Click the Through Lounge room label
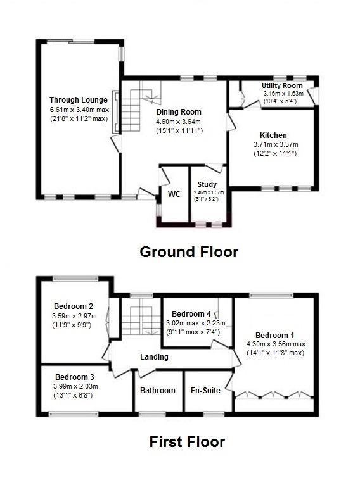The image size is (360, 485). (79, 99)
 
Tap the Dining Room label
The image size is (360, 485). (179, 112)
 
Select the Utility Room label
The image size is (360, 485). (283, 84)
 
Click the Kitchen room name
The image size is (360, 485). (273, 135)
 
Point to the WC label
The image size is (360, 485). (174, 193)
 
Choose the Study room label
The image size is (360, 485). (207, 184)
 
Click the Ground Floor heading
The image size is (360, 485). (189, 252)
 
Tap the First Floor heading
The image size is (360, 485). (187, 441)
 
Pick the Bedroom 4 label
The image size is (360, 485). (191, 313)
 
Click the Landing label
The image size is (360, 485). (154, 357)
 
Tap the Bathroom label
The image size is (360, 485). (158, 391)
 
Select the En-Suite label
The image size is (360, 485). (207, 391)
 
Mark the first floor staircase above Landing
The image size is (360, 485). (140, 320)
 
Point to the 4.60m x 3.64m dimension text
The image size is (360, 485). (179, 122)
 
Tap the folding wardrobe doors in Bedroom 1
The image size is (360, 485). (273, 396)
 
